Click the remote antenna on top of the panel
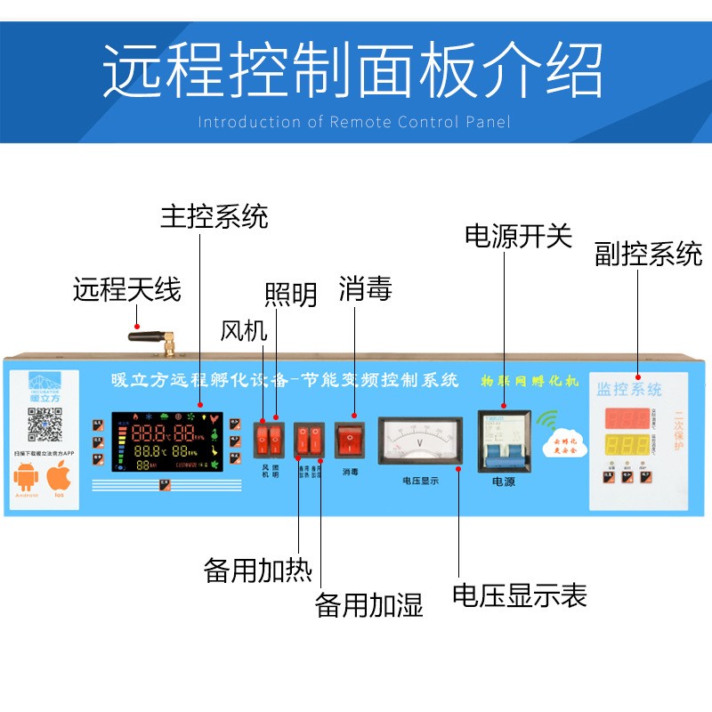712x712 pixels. (150, 337)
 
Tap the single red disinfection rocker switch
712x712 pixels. (351, 439)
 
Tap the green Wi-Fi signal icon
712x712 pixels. (546, 419)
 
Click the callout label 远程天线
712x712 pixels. (126, 289)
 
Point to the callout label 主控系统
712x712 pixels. (214, 215)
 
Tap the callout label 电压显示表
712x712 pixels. (520, 595)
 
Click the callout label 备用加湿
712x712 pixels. (368, 605)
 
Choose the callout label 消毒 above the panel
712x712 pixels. (365, 288)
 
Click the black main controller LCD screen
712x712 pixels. (165, 441)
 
